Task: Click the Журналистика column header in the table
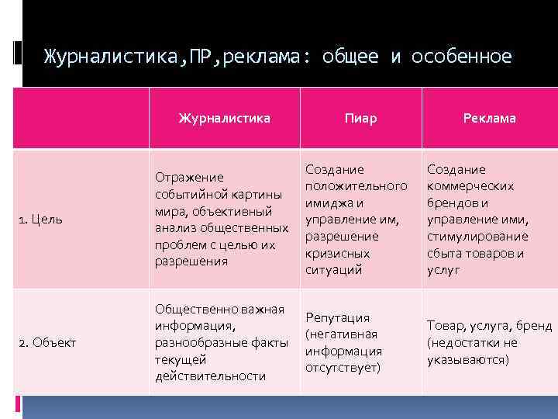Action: pyautogui.click(x=224, y=118)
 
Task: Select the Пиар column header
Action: pyautogui.click(x=360, y=118)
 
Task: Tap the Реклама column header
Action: pyautogui.click(x=489, y=118)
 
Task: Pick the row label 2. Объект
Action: pyautogui.click(x=48, y=342)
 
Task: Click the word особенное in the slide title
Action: pyautogui.click(x=461, y=57)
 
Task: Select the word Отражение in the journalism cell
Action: pyautogui.click(x=189, y=177)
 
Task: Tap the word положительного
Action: pyautogui.click(x=356, y=186)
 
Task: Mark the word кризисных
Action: pyautogui.click(x=337, y=253)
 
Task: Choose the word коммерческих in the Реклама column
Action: pyautogui.click(x=470, y=186)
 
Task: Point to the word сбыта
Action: pyautogui.click(x=443, y=253)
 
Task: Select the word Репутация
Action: pyautogui.click(x=337, y=317)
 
